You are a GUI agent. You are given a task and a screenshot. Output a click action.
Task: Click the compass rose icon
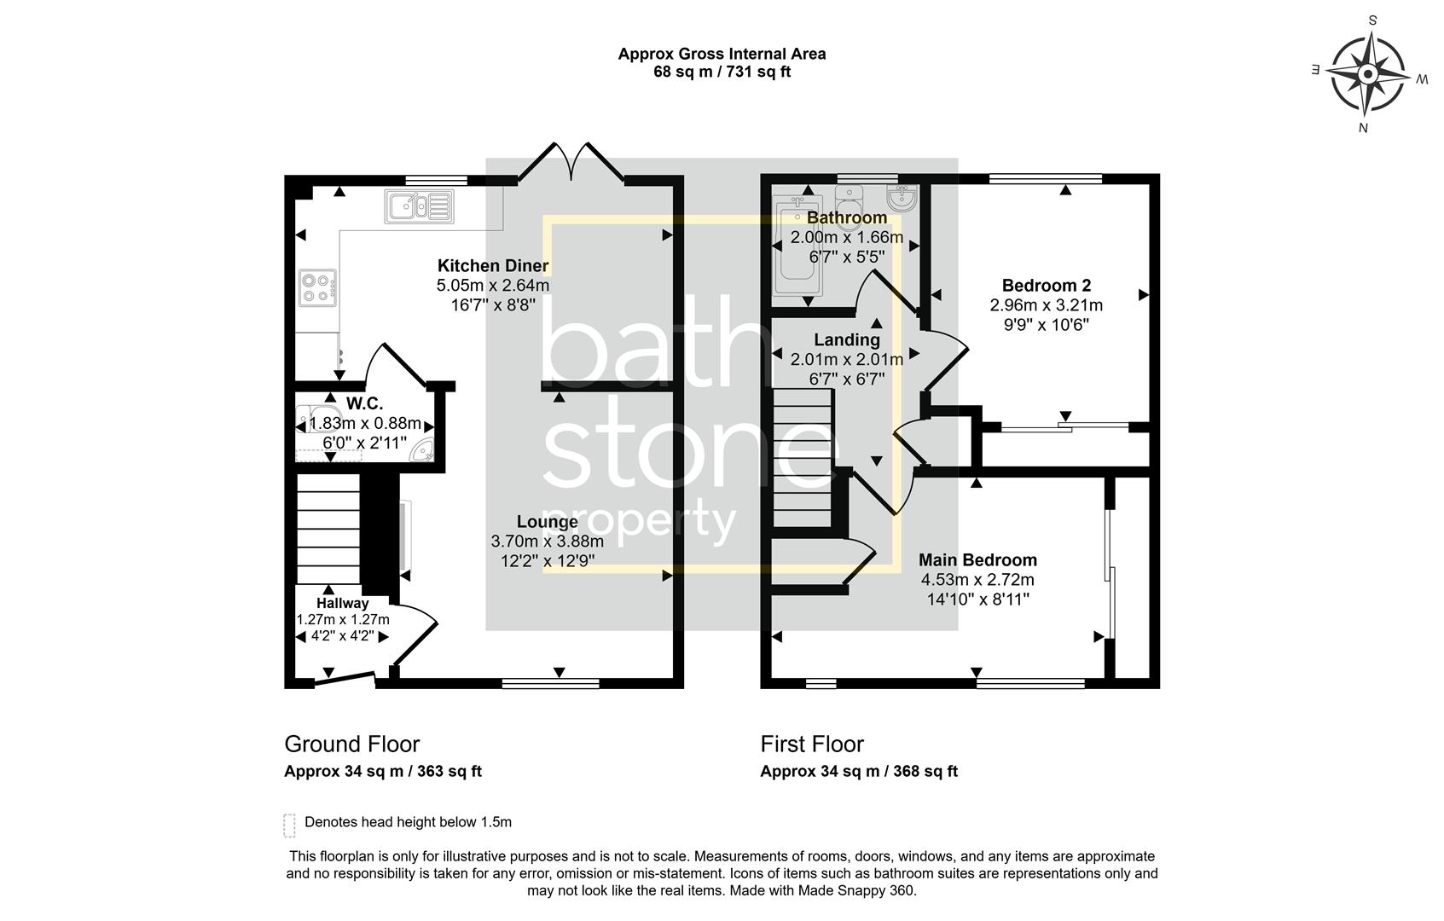[1367, 74]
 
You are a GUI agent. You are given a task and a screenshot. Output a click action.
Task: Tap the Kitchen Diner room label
[493, 265]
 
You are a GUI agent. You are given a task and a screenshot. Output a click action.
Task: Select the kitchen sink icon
[419, 206]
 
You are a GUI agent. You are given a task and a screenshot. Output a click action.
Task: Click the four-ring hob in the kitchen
[317, 287]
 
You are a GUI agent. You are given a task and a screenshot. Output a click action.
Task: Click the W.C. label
[364, 403]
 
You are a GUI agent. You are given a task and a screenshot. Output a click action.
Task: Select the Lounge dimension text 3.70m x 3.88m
[547, 541]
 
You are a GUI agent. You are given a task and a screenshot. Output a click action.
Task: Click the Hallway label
[342, 603]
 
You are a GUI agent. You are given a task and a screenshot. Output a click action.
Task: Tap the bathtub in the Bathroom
[795, 246]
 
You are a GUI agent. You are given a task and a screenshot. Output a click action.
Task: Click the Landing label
[846, 340]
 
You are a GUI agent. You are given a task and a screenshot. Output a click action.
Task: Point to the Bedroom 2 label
[1046, 286]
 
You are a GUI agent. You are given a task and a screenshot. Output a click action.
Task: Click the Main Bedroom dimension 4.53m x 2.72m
[977, 580]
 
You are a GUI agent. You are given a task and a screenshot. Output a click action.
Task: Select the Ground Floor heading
[351, 744]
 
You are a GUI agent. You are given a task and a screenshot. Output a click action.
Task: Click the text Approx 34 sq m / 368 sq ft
[858, 772]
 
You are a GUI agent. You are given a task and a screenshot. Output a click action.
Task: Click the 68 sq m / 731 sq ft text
[722, 72]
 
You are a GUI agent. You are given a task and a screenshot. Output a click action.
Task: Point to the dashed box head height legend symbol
[289, 825]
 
